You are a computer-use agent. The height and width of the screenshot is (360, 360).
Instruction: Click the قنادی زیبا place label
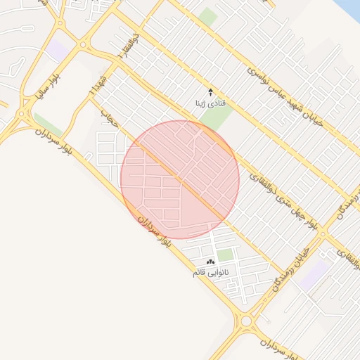tap(210, 103)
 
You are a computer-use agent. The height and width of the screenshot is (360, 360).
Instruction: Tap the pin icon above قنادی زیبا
tap(210, 91)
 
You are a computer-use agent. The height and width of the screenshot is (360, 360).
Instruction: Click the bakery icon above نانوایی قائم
tap(211, 261)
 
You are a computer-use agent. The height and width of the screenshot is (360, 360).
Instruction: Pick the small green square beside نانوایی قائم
tap(224, 255)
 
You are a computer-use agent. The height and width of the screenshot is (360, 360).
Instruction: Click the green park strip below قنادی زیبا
tap(219, 116)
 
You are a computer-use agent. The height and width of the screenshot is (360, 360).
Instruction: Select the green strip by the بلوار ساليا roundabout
tap(48, 124)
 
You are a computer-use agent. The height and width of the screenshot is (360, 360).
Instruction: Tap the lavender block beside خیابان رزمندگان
tap(314, 273)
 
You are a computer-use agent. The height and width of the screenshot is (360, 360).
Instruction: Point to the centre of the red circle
tap(180, 179)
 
